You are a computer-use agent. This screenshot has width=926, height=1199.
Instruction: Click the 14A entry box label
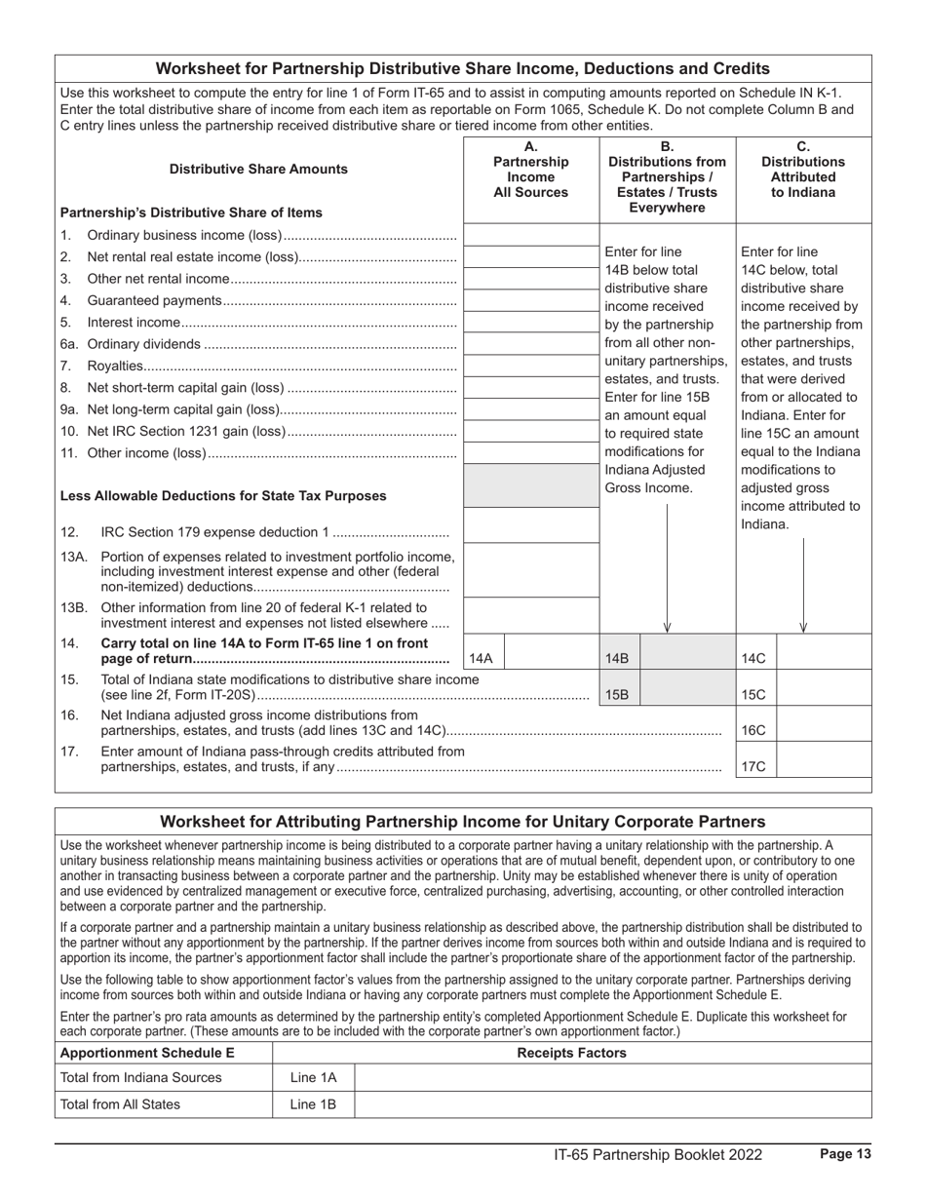[482, 659]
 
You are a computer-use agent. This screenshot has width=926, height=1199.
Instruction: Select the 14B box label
[618, 659]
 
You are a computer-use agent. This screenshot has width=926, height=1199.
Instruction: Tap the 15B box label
[618, 695]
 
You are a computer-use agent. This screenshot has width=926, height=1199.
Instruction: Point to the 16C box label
[754, 730]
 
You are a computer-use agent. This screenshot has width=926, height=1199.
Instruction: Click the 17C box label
[754, 766]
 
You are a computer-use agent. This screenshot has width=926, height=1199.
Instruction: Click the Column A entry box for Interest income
[531, 322]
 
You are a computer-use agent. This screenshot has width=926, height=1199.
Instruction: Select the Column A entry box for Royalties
[531, 366]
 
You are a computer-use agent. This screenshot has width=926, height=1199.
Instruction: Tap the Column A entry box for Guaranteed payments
[531, 300]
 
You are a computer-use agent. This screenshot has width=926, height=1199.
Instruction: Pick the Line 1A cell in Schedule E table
[313, 1077]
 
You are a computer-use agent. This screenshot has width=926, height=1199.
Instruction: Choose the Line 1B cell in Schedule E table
[313, 1104]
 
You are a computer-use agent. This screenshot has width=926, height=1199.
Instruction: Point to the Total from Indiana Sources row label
[141, 1077]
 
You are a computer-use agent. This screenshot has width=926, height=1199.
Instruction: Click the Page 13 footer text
[845, 1154]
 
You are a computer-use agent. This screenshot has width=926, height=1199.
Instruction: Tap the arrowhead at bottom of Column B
[667, 627]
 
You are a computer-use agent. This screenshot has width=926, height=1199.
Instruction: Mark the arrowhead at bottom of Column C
[803, 627]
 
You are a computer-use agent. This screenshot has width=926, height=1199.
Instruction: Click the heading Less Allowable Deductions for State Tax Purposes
[223, 495]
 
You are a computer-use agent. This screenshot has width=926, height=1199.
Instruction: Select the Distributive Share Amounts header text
[258, 169]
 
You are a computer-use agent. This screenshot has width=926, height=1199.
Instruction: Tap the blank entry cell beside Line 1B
[612, 1104]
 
